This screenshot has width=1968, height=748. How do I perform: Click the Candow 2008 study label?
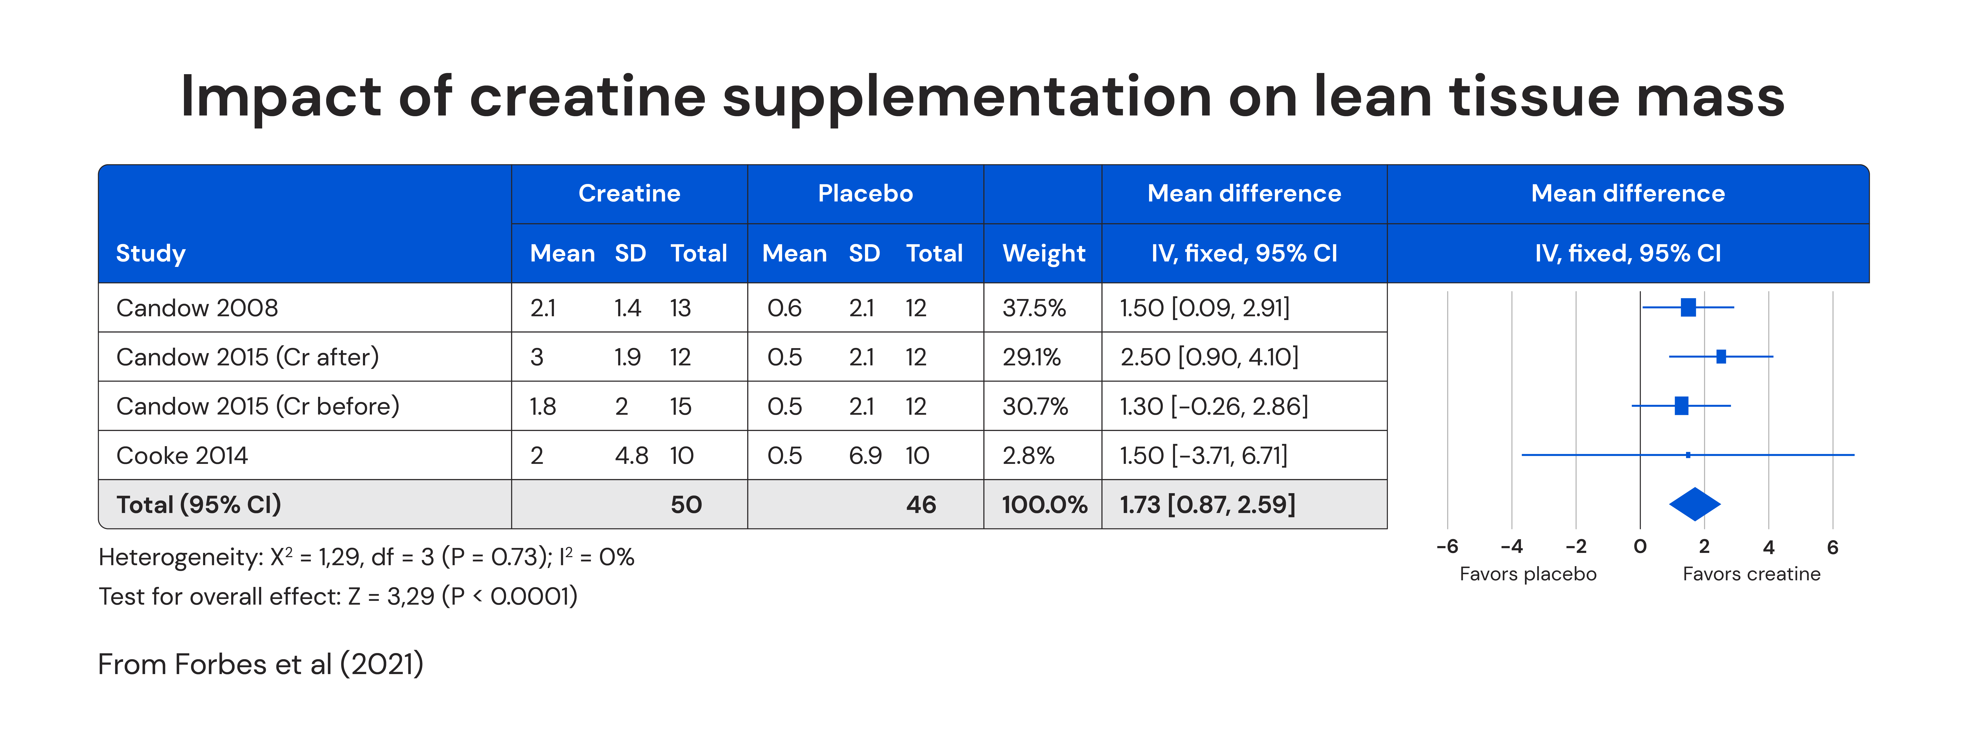(197, 308)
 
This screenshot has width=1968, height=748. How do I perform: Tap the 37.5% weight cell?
(1034, 308)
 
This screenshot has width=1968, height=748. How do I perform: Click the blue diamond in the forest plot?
(1695, 504)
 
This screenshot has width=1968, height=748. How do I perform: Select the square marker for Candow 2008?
(1688, 307)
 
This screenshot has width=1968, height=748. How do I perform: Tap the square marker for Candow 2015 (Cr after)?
(1721, 356)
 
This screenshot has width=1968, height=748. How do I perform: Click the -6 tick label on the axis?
(1447, 546)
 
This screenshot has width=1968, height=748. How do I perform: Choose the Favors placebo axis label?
(1528, 574)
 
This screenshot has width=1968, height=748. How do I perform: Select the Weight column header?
(1044, 253)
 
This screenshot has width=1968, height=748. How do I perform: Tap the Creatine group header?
(629, 193)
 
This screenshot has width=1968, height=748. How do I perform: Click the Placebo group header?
(865, 193)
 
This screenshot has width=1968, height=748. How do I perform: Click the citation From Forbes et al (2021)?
(260, 664)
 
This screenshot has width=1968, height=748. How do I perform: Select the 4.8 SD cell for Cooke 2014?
(631, 455)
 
